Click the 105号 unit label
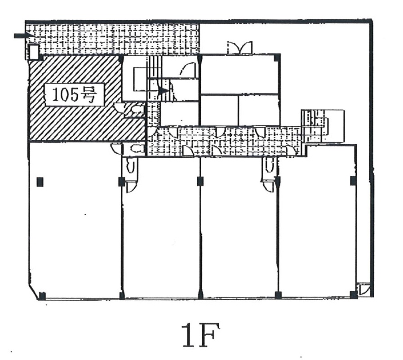[x=75, y=95]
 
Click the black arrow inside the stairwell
[x=163, y=91]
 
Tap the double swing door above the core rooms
[x=240, y=48]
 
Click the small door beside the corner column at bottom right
[x=364, y=289]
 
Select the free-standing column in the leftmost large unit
[x=40, y=182]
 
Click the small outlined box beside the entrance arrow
[x=33, y=52]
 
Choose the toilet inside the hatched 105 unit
[x=136, y=109]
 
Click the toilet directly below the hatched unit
[x=135, y=148]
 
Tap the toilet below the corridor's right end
[x=270, y=164]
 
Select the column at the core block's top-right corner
[x=277, y=58]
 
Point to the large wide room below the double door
[x=239, y=75]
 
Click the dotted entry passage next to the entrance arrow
[x=113, y=39]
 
